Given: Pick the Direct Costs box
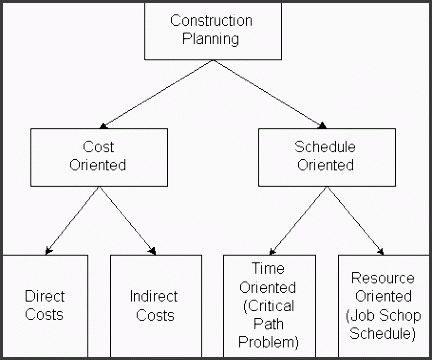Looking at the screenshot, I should [x=44, y=305].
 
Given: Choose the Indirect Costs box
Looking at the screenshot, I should [x=154, y=305].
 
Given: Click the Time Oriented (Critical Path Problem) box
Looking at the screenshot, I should [x=267, y=305].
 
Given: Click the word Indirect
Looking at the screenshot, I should [x=154, y=297].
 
